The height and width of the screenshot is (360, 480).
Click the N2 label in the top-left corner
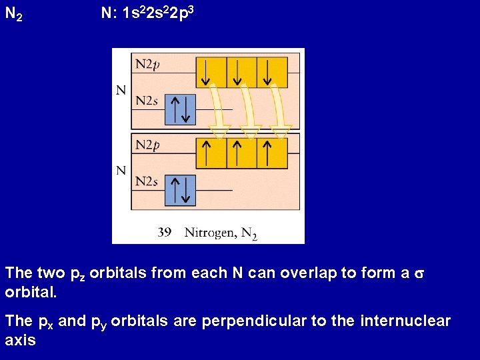(x=14, y=13)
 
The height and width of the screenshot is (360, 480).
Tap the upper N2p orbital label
(x=148, y=65)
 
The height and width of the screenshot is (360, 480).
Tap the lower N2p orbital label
(x=148, y=145)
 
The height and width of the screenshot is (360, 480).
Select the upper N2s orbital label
(x=147, y=101)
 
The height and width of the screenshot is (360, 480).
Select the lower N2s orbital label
(x=147, y=181)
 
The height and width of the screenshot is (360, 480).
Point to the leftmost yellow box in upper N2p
(x=211, y=72)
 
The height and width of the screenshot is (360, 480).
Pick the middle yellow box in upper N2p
(x=241, y=72)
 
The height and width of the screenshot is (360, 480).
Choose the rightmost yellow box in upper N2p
(x=272, y=72)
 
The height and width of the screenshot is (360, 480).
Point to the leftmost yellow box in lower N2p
(x=211, y=153)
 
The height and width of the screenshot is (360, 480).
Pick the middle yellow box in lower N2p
(x=241, y=153)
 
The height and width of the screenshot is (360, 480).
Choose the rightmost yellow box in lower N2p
(x=272, y=153)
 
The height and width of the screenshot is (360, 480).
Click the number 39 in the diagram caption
(x=165, y=232)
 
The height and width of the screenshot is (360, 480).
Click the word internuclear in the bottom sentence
(x=405, y=321)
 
